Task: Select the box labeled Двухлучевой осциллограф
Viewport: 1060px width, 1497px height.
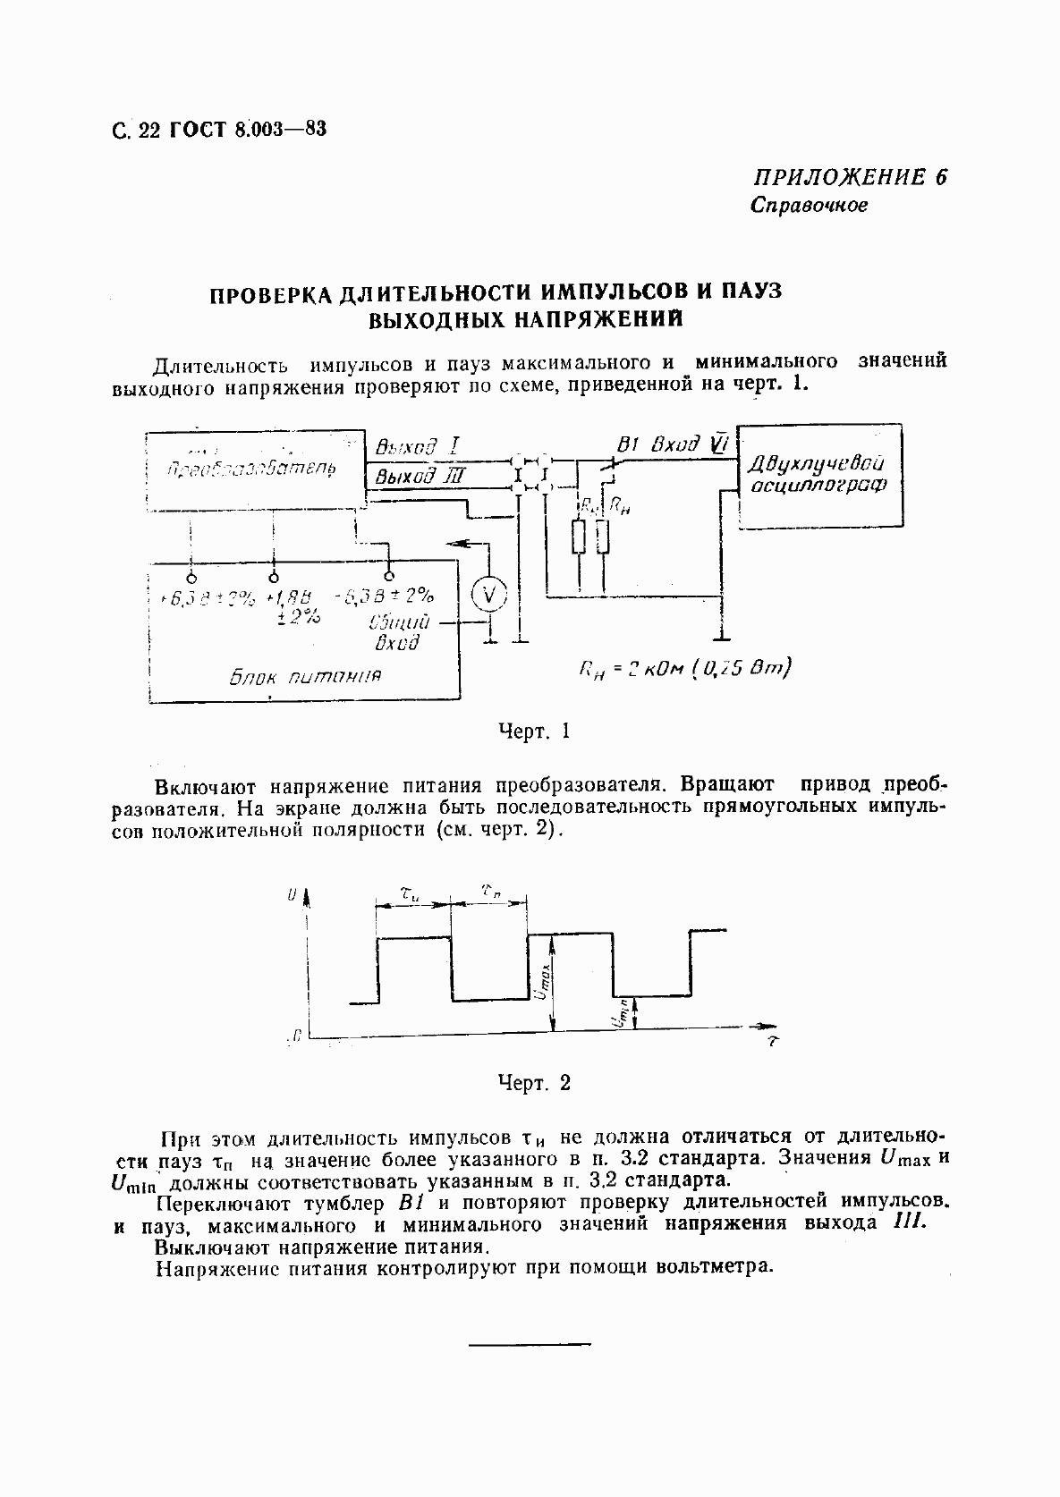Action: (818, 475)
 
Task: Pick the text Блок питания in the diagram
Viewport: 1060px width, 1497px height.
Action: (306, 676)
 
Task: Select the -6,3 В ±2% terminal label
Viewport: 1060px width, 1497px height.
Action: (384, 596)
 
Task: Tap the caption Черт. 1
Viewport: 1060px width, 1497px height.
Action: (534, 731)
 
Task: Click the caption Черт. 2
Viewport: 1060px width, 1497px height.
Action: (534, 1083)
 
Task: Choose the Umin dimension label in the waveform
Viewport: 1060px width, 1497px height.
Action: (622, 1013)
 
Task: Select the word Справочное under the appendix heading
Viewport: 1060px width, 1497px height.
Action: (809, 205)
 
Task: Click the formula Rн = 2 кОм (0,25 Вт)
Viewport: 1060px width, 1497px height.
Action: (684, 670)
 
